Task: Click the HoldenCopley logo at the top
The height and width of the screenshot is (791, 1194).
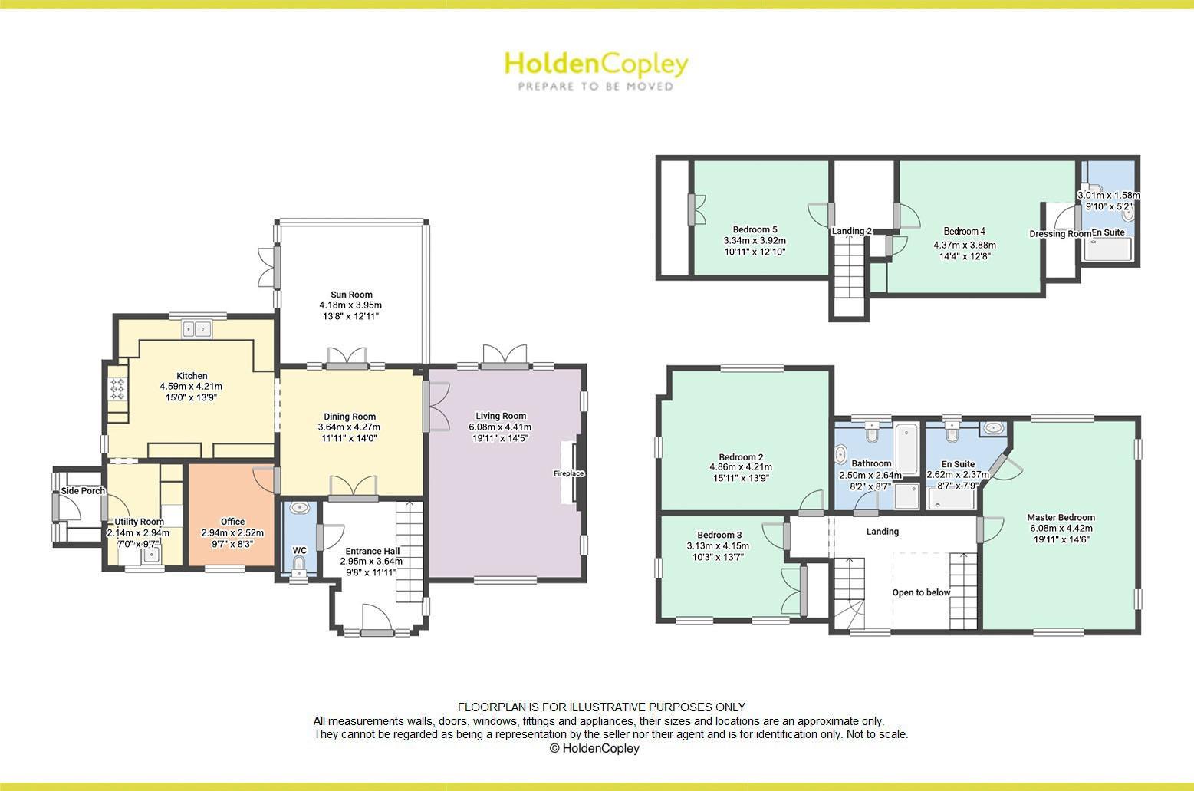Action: point(596,64)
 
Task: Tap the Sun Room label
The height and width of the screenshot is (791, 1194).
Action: point(351,295)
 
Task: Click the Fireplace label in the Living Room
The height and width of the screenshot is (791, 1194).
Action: point(568,473)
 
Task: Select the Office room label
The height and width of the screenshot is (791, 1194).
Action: point(232,522)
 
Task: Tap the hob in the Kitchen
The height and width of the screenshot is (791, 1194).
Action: point(117,390)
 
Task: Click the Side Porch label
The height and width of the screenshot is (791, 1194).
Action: point(83,491)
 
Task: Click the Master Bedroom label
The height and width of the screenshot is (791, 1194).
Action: point(1061,517)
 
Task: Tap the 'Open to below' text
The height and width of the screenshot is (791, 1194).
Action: point(921,592)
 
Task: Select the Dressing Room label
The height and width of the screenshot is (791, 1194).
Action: point(1059,234)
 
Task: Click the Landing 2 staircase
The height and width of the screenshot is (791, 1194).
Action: point(849,269)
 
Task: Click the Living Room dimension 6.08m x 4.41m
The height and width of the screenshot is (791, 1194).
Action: point(500,427)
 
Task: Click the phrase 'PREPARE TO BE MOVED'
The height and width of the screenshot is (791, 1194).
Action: point(596,87)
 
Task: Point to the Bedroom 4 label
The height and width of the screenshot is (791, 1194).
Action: point(964,231)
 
